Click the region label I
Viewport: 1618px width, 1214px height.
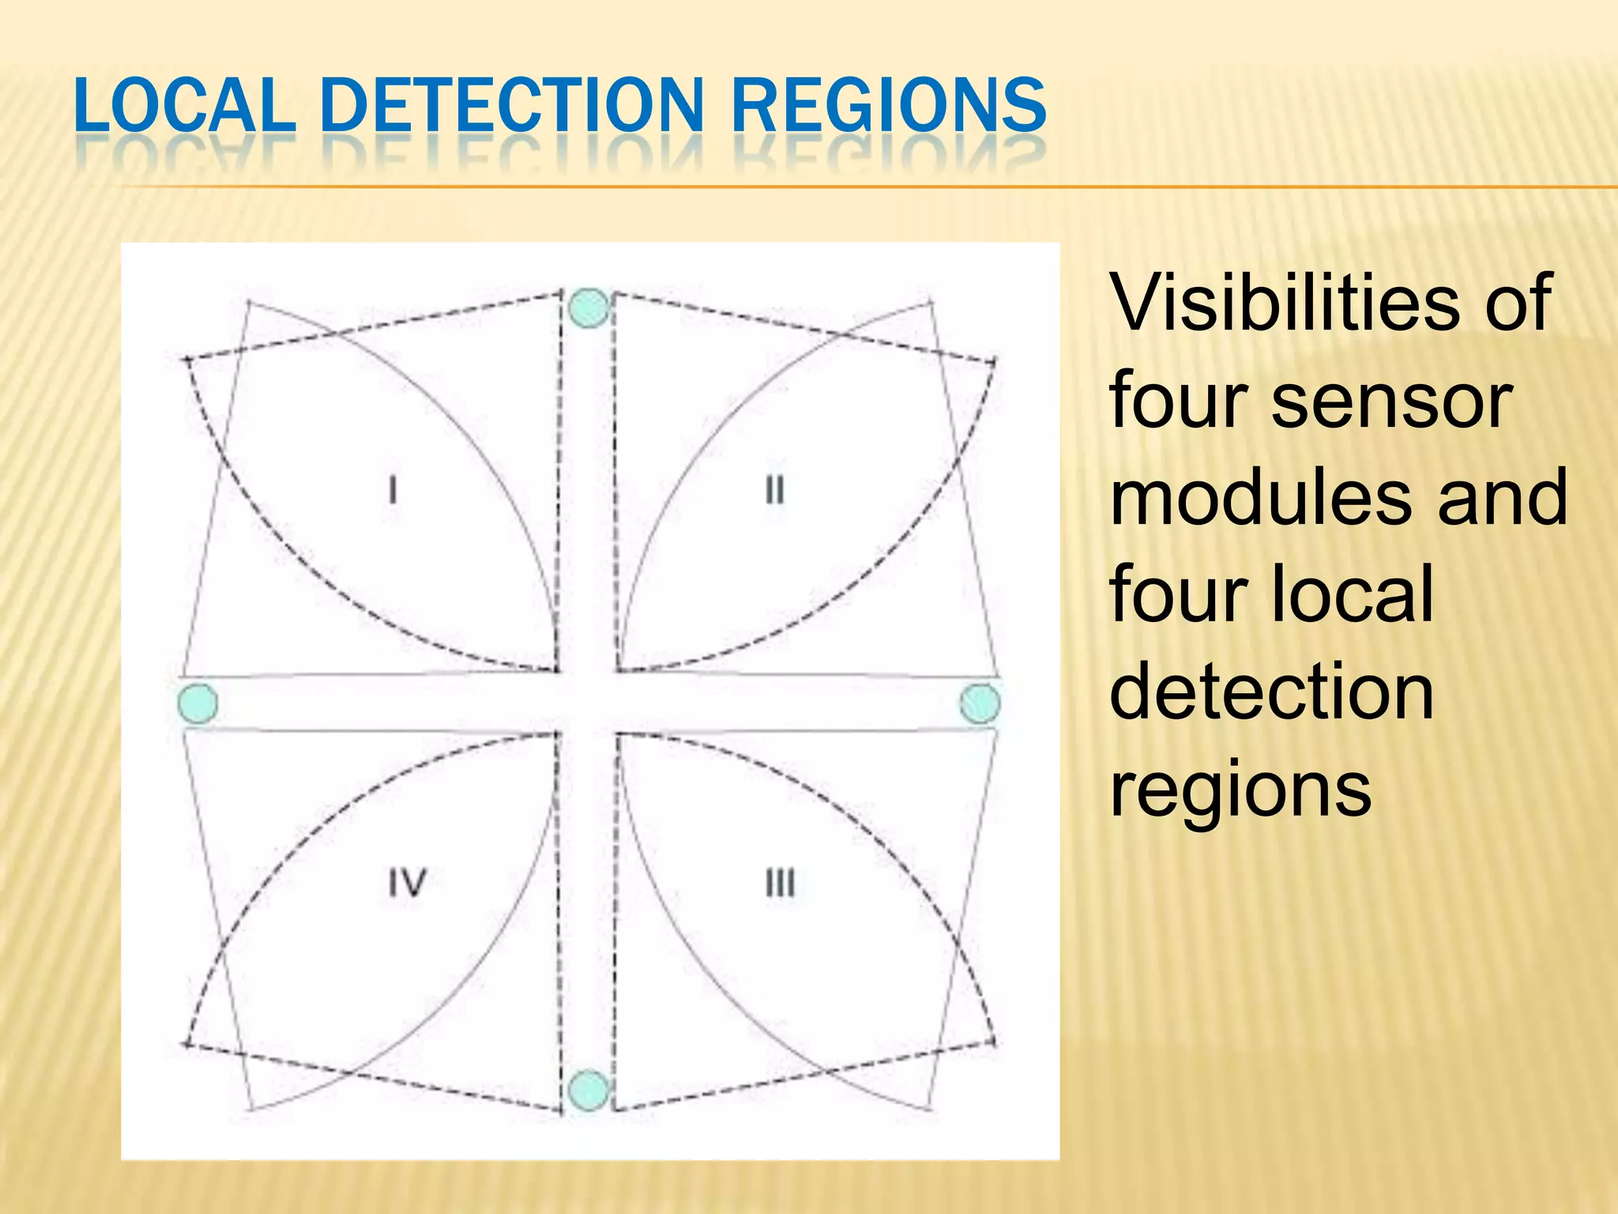(x=393, y=490)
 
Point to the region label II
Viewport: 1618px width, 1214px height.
(x=774, y=490)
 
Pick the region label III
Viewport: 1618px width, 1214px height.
(x=780, y=883)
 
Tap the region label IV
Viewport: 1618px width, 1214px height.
(x=407, y=883)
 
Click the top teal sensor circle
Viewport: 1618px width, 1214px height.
(x=589, y=307)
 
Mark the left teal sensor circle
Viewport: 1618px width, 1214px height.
(x=198, y=703)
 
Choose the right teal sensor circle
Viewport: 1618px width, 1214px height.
(x=980, y=703)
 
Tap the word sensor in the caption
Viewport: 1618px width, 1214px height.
(x=1390, y=403)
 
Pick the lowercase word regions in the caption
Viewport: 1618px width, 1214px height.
(x=1240, y=790)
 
